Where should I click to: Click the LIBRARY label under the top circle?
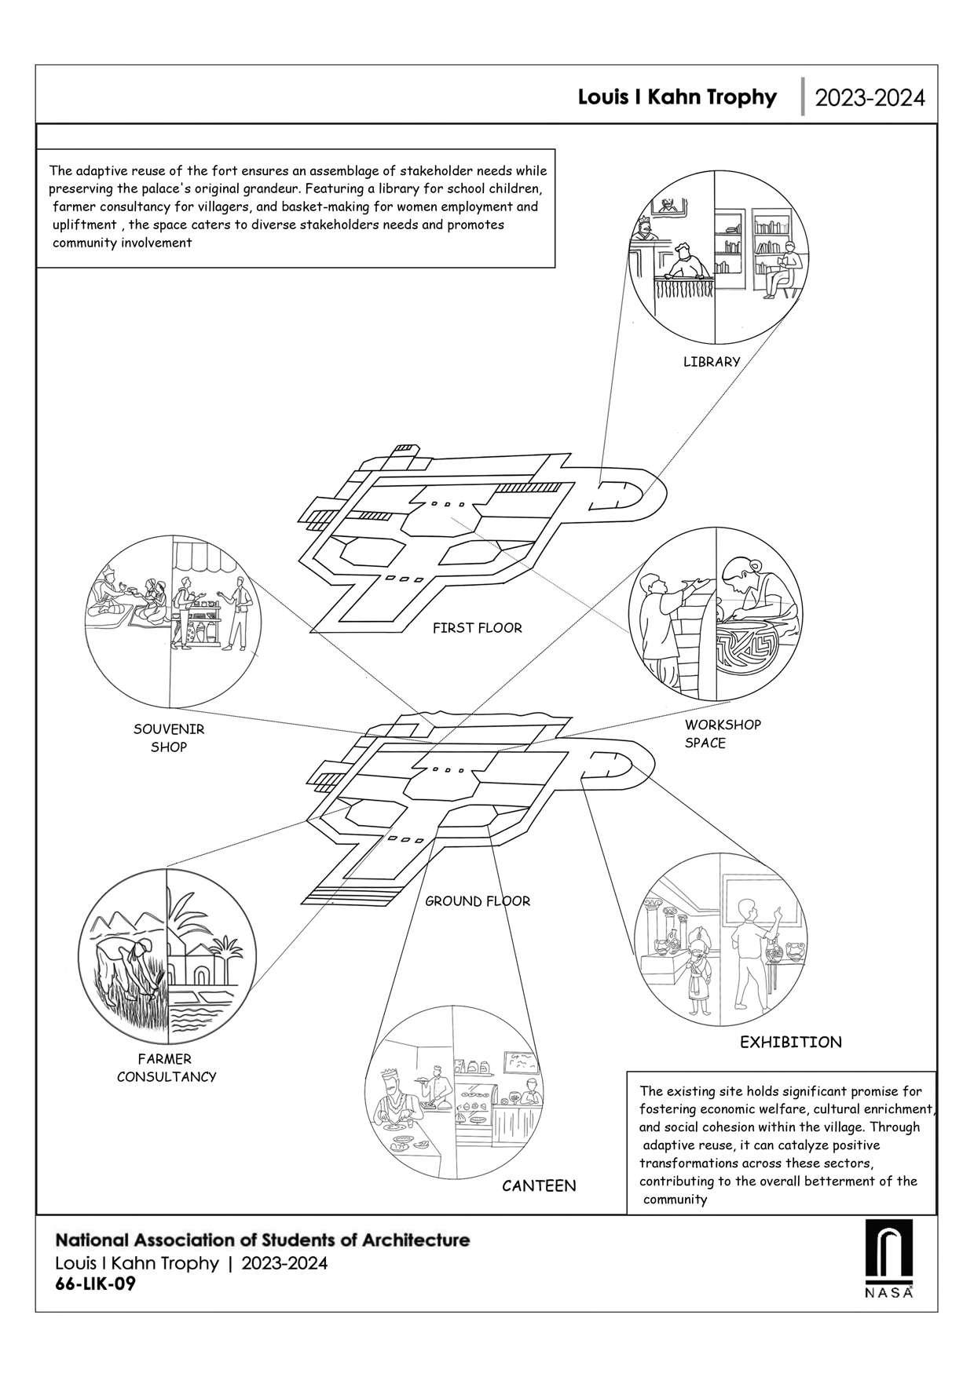[x=711, y=362]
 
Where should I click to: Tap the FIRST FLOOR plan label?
[x=477, y=628]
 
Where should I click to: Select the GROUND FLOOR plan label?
[x=478, y=901]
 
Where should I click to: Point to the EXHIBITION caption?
[x=790, y=1043]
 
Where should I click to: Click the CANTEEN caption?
[x=539, y=1185]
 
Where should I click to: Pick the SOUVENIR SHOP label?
[x=169, y=738]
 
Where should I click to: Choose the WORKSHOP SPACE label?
[x=722, y=733]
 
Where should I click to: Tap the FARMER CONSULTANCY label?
[x=167, y=1068]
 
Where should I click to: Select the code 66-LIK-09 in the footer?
[x=90, y=1285]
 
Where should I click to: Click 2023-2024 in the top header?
[x=870, y=98]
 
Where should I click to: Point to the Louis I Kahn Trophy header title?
[x=677, y=97]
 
